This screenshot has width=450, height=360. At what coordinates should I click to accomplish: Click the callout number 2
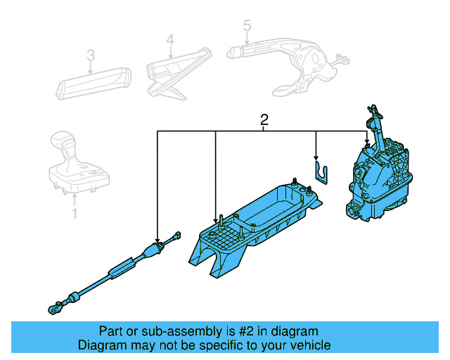click(264, 120)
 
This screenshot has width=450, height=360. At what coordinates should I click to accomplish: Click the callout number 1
click(75, 212)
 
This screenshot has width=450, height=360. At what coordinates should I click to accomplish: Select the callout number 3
click(90, 55)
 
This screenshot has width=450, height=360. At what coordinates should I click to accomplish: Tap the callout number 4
click(169, 41)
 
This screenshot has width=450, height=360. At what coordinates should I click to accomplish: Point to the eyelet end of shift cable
click(53, 307)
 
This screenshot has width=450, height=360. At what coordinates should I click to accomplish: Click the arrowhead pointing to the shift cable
click(157, 239)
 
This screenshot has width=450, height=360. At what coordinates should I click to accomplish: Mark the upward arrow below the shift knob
click(75, 198)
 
